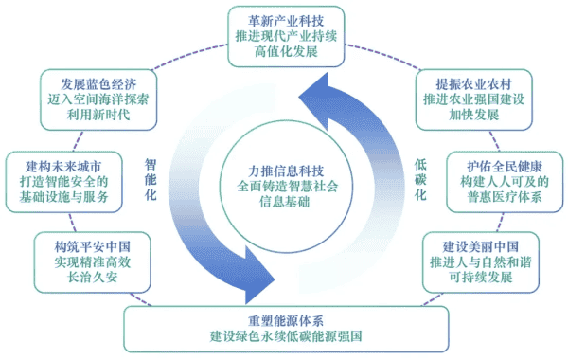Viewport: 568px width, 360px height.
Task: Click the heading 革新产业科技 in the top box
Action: [x=284, y=18]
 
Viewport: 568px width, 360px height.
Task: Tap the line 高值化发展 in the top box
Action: [x=284, y=52]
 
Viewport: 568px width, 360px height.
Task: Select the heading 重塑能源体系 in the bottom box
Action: [x=285, y=318]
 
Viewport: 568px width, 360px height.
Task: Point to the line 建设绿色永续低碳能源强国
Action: [x=285, y=336]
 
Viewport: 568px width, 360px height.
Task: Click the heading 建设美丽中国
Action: [x=479, y=242]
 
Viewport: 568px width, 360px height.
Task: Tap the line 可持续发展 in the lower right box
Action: [x=479, y=276]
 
